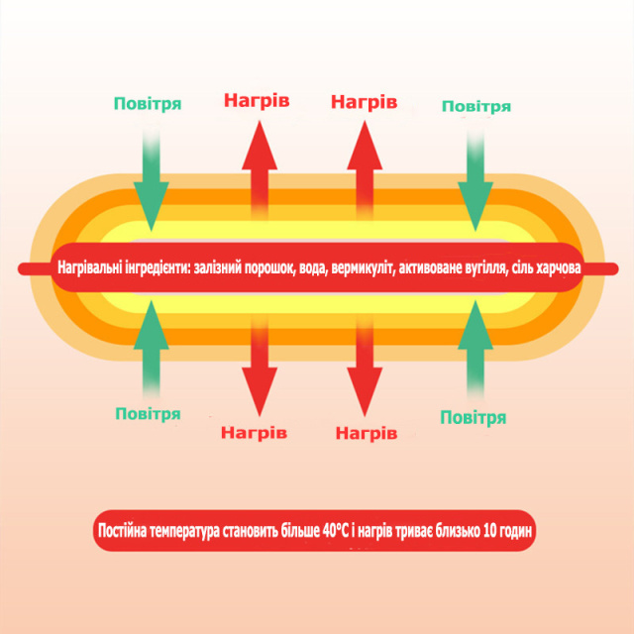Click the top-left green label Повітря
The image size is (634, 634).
click(x=148, y=103)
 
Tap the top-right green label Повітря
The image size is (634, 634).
click(x=476, y=106)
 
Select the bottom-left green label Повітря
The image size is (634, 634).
click(x=148, y=414)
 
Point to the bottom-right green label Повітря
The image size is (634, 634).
click(x=474, y=418)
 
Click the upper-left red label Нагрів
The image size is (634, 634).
click(x=257, y=101)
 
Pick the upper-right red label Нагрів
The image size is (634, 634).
click(x=364, y=102)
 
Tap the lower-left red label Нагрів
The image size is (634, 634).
click(x=254, y=433)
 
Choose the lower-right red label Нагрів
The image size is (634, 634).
click(x=367, y=434)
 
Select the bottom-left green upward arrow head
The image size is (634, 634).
click(x=152, y=325)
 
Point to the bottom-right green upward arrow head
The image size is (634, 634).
click(x=475, y=325)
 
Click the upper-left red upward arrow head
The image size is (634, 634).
click(x=260, y=146)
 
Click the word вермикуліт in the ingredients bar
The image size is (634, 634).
click(x=364, y=268)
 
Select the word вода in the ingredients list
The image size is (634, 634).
click(x=313, y=268)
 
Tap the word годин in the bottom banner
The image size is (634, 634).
click(x=515, y=531)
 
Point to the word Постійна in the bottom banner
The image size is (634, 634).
click(x=122, y=531)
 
